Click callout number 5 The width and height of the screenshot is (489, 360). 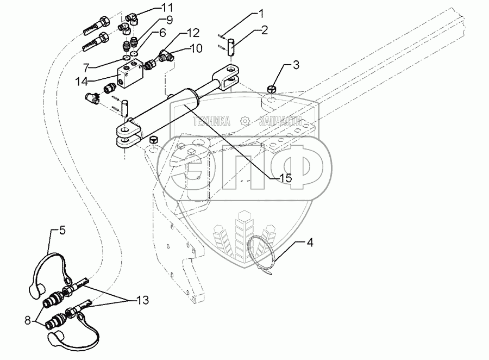tap(62, 230)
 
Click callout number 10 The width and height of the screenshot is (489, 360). tap(195, 48)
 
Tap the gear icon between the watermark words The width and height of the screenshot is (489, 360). tap(246, 120)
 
